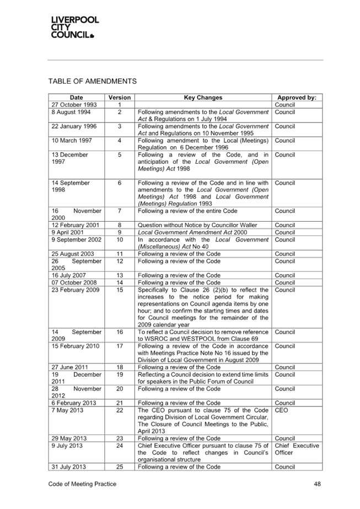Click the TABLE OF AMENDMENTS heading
coord(93,82)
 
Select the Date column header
coord(77,98)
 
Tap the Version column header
coord(119,98)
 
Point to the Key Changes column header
coord(203,98)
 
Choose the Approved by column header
coord(296,98)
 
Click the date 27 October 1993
coord(74,105)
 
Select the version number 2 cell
coord(119,112)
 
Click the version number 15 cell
coord(119,290)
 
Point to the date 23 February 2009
coord(76,290)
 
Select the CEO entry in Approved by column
coord(280,411)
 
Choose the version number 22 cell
coord(119,411)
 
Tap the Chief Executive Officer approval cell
coord(295,449)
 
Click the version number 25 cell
coord(119,467)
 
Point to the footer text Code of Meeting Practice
coord(82,484)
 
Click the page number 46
coord(317,484)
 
